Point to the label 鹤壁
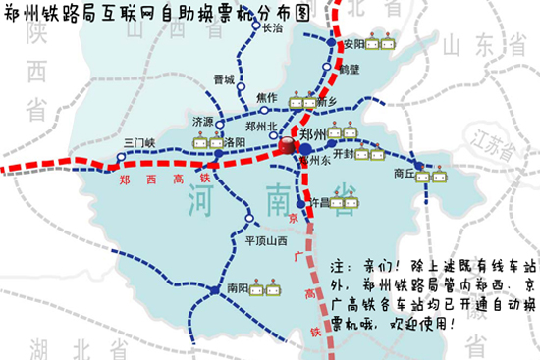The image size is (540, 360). click(351, 70)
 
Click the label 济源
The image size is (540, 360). click(202, 122)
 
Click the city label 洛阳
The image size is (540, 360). click(236, 142)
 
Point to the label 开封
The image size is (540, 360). click(343, 153)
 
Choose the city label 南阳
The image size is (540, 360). click(238, 289)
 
